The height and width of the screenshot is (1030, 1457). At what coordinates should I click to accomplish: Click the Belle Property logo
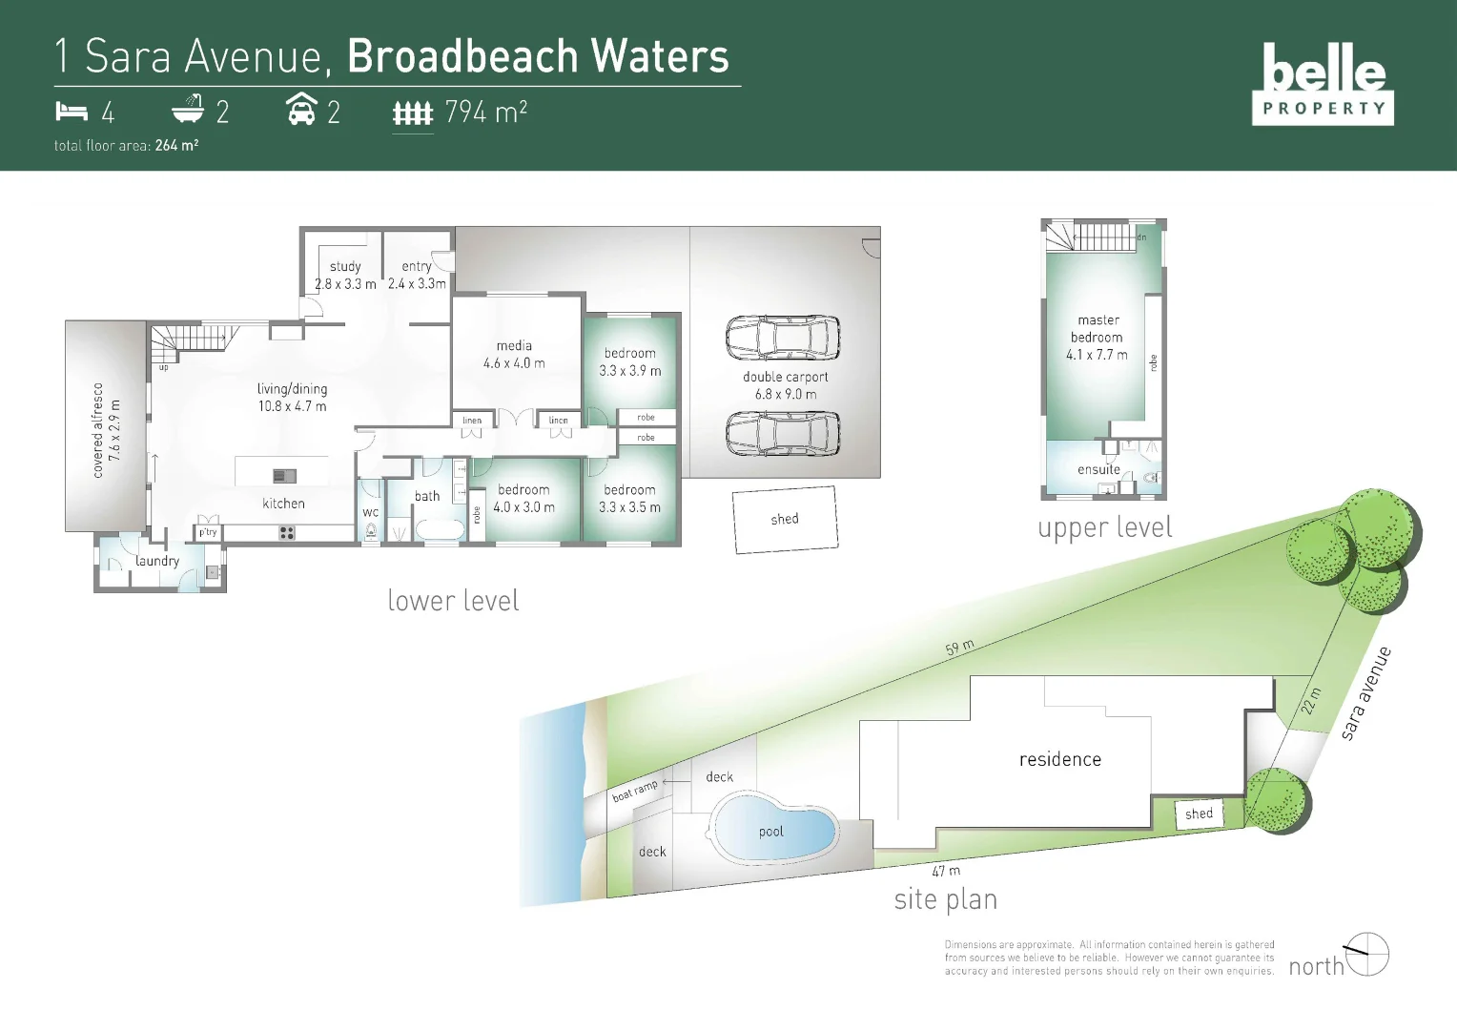tap(1323, 84)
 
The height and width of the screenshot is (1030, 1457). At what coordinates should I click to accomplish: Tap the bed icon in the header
tap(71, 112)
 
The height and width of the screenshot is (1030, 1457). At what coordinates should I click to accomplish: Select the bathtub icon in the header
tap(188, 110)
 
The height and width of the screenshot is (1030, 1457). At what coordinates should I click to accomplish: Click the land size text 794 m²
tap(485, 113)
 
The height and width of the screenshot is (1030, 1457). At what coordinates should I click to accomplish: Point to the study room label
tap(345, 267)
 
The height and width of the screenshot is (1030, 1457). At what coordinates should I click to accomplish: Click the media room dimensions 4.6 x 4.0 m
tap(514, 363)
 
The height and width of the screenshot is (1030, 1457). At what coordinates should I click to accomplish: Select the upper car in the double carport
tap(783, 337)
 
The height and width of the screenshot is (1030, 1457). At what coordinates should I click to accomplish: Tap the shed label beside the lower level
tap(785, 519)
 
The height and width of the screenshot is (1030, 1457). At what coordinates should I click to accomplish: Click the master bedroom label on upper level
tap(1098, 329)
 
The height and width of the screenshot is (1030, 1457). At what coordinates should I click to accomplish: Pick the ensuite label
tap(1098, 469)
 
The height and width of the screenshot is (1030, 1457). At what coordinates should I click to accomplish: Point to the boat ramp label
tap(635, 791)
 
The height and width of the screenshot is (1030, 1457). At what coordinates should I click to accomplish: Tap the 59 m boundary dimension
tap(959, 647)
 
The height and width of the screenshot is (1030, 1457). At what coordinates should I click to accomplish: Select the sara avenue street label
tap(1366, 692)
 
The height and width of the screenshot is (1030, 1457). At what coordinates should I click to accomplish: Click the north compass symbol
tap(1365, 954)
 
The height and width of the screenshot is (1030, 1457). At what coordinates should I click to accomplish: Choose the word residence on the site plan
tap(1059, 759)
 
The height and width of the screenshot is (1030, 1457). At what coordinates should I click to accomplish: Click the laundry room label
tap(157, 561)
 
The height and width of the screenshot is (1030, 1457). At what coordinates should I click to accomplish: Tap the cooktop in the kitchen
tap(286, 532)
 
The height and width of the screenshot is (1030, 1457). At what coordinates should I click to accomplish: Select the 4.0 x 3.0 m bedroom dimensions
tap(523, 507)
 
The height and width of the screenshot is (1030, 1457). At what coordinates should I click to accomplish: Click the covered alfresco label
tap(97, 429)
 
